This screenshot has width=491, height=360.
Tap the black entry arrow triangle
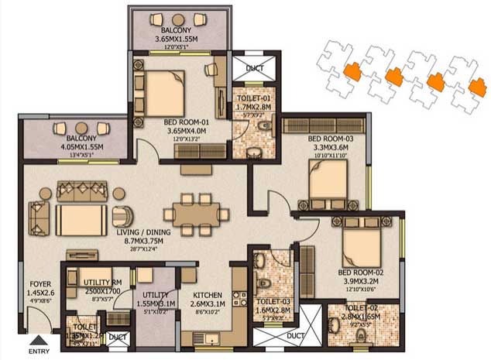coord(36,339)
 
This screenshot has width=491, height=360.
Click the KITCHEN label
coord(208,295)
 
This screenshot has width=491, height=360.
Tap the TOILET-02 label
coord(364,309)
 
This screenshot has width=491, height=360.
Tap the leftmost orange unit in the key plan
coord(352,71)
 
